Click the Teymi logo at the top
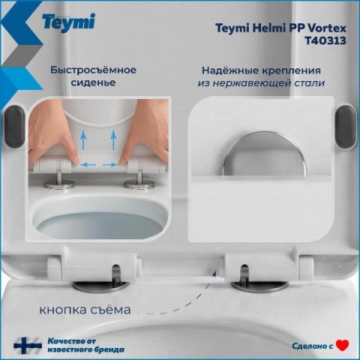[68, 22]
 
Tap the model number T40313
[325, 40]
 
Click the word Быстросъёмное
[94, 70]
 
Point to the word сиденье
[93, 82]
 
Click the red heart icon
[343, 346]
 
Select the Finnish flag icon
[28, 346]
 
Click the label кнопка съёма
[85, 310]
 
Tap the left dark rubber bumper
[15, 126]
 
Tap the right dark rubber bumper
[346, 126]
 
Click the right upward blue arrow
[114, 140]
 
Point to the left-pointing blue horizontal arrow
[88, 165]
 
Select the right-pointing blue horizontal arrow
[110, 165]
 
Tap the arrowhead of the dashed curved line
[214, 274]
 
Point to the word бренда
[108, 349]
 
